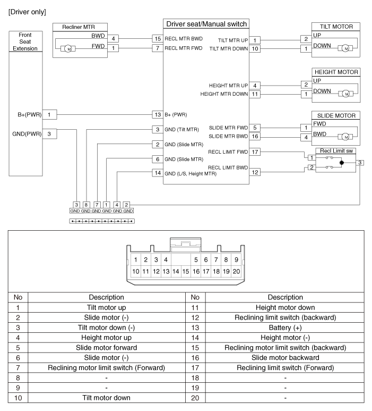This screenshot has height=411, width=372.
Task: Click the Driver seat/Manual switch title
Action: (x=206, y=24)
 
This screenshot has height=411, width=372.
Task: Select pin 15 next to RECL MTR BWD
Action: (x=158, y=39)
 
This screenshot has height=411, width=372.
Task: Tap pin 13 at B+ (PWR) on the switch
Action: (x=158, y=114)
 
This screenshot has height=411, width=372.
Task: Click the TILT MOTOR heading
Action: (x=336, y=27)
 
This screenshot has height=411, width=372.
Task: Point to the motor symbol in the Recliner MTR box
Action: (x=68, y=49)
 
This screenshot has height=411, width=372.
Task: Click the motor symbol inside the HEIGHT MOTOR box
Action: (x=346, y=94)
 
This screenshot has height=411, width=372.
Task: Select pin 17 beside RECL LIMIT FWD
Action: (x=255, y=152)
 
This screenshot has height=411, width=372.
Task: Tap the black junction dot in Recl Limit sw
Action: (x=342, y=163)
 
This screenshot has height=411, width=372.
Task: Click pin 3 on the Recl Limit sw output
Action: (x=360, y=163)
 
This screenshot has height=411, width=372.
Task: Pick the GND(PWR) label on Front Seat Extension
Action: (x=27, y=134)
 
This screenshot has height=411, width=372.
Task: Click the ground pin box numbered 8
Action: (x=86, y=205)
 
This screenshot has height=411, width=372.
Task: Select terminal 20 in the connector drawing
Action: (x=236, y=271)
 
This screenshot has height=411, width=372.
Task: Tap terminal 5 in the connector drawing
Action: (x=196, y=260)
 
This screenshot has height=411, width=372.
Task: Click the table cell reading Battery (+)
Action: (x=285, y=328)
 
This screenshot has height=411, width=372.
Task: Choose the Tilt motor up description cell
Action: (x=107, y=307)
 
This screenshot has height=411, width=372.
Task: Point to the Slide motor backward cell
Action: (x=285, y=357)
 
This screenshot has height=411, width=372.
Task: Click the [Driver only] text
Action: (x=27, y=12)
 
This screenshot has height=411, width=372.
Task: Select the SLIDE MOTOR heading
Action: (x=336, y=115)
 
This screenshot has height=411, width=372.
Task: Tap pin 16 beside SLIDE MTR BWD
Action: (x=255, y=136)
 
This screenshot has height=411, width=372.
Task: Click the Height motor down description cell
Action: (x=285, y=307)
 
